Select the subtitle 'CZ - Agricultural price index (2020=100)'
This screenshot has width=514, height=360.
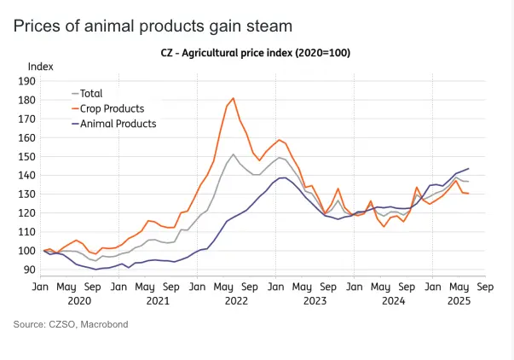[x=256, y=53]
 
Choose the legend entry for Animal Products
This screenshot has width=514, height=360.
[x=118, y=123]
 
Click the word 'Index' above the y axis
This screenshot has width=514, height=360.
[x=40, y=66]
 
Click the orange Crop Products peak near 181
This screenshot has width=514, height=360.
[x=234, y=98]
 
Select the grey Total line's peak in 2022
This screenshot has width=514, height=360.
[x=234, y=154]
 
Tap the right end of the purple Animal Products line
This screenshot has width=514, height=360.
[x=469, y=168]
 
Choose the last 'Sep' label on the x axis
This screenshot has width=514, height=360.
[x=484, y=287]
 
